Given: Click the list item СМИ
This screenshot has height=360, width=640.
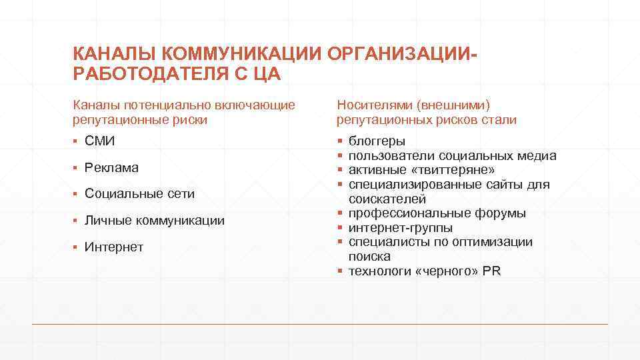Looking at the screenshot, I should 100,141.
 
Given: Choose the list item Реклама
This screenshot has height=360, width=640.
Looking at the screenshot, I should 111,167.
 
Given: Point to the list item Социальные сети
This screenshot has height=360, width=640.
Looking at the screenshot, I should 139,194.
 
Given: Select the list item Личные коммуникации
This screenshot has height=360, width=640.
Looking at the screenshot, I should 155,221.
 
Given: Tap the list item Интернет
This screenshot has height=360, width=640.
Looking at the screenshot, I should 114,247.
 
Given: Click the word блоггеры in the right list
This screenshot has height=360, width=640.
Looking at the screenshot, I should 377,141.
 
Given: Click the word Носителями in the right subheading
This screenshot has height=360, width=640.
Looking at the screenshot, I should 374,105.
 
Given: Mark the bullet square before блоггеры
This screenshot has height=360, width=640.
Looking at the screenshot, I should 340,141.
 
